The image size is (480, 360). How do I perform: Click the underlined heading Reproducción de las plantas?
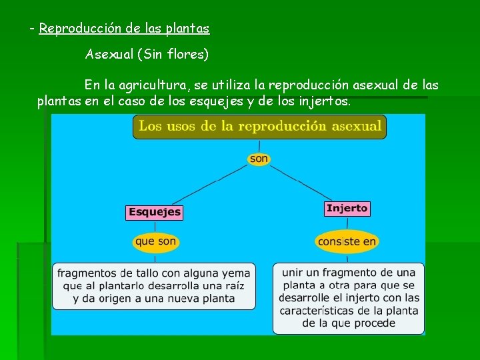pos(124,29)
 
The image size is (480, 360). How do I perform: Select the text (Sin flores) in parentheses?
pos(173,55)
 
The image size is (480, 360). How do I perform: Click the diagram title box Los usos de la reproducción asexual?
pos(259,126)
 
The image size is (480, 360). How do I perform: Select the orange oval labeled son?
pos(259,159)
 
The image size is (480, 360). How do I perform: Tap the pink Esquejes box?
pos(154,212)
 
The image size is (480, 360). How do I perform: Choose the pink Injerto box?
pos(347,209)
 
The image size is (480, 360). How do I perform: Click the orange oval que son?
pos(156,241)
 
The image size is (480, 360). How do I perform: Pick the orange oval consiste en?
pos(347,241)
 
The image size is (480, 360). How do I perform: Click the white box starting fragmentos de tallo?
pos(154,286)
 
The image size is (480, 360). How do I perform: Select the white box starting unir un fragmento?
pos(348,298)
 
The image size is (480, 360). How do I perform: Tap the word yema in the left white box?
pos(235,273)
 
